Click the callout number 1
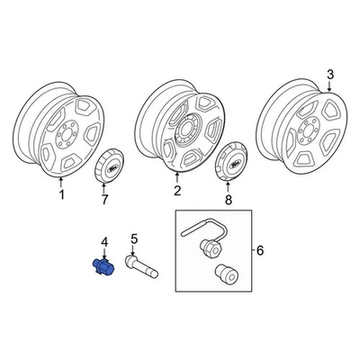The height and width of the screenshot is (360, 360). point(61,193)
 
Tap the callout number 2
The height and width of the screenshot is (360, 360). point(176,192)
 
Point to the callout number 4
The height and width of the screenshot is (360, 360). point(103,241)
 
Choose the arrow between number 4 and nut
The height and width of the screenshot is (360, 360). point(103,253)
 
